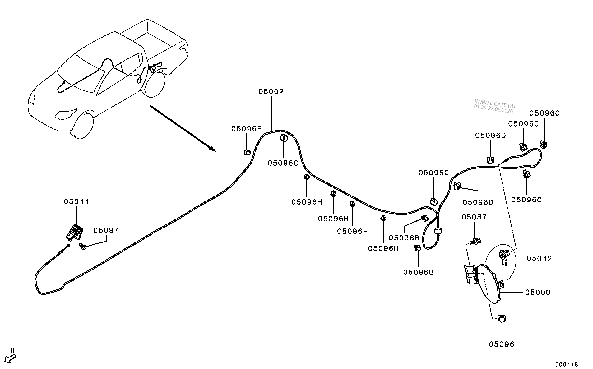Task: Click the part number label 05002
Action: (x=271, y=92)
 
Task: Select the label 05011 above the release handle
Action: (x=76, y=202)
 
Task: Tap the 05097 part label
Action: (x=106, y=230)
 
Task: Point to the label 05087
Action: (x=474, y=217)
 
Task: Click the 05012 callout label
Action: (x=539, y=258)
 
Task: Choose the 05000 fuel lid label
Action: (x=538, y=292)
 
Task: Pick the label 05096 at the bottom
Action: (x=502, y=344)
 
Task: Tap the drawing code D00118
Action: (x=567, y=365)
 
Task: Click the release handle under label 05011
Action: (x=75, y=233)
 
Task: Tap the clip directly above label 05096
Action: (x=502, y=319)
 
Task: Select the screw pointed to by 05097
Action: (x=83, y=247)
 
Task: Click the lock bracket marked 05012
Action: (x=504, y=257)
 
